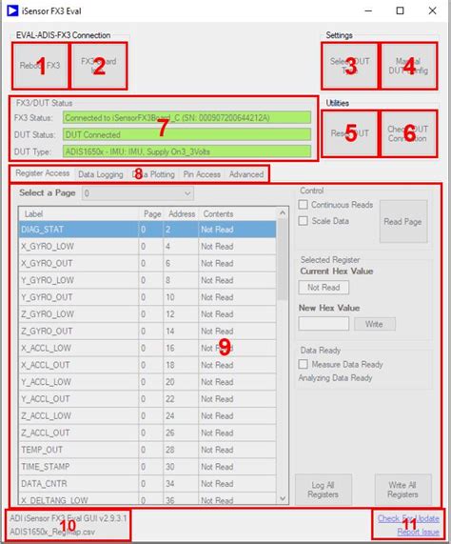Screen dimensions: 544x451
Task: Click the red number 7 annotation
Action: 163,126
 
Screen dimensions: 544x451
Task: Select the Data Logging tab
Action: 101,174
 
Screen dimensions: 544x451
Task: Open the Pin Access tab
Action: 202,174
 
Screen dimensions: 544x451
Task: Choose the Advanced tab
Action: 245,174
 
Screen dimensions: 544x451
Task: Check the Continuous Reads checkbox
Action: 304,204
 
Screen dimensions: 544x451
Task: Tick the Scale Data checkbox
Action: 304,220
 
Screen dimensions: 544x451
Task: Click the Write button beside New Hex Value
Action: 374,324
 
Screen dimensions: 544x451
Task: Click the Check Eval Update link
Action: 408,518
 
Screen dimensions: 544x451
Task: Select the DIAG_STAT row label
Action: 44,229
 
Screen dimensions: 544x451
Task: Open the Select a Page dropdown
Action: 138,192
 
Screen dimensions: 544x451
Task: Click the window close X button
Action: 425,10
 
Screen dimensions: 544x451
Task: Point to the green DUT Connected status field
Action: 186,134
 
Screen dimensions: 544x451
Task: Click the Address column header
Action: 180,213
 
